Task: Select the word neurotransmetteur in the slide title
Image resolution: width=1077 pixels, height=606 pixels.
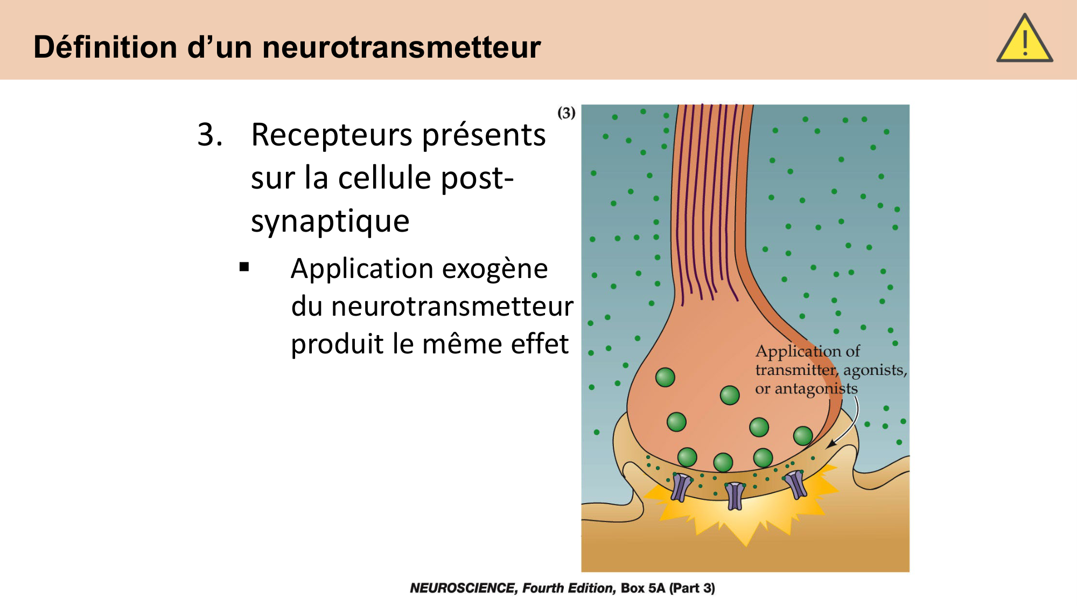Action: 401,47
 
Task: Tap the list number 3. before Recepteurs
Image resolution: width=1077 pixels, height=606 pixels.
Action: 210,134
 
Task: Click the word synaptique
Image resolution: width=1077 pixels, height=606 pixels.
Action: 330,221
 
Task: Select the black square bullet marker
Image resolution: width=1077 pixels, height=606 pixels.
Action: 244,267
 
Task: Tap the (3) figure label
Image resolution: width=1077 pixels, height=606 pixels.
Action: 566,113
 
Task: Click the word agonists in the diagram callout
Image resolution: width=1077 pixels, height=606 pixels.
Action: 875,370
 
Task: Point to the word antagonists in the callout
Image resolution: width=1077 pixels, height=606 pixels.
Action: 816,388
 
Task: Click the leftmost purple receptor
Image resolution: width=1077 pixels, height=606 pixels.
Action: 681,486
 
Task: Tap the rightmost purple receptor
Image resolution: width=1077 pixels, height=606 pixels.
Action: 796,483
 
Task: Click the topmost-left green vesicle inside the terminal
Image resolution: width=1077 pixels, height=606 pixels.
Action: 665,377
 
